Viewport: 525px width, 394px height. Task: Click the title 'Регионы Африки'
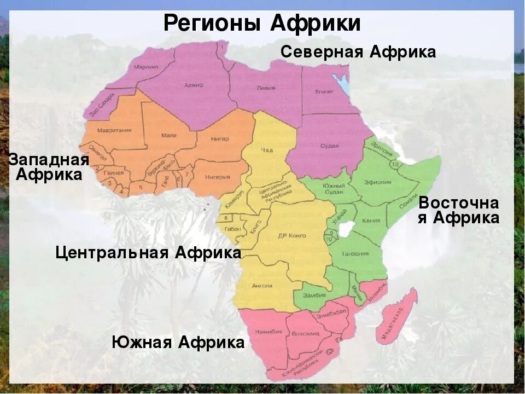click(x=262, y=24)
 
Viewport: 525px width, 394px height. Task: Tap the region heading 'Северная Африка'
click(x=358, y=52)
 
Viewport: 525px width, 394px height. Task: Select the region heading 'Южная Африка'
click(x=178, y=343)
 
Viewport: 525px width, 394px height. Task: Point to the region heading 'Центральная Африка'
click(x=148, y=253)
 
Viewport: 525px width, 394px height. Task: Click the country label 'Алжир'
click(x=194, y=85)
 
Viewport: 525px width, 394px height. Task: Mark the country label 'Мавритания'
click(x=114, y=130)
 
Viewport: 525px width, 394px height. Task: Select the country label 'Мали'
click(x=169, y=135)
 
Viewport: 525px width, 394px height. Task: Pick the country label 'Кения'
click(x=368, y=221)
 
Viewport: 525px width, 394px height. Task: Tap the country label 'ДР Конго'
click(x=291, y=235)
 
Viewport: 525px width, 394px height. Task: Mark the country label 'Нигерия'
click(x=217, y=177)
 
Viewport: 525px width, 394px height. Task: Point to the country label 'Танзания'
click(x=355, y=254)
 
